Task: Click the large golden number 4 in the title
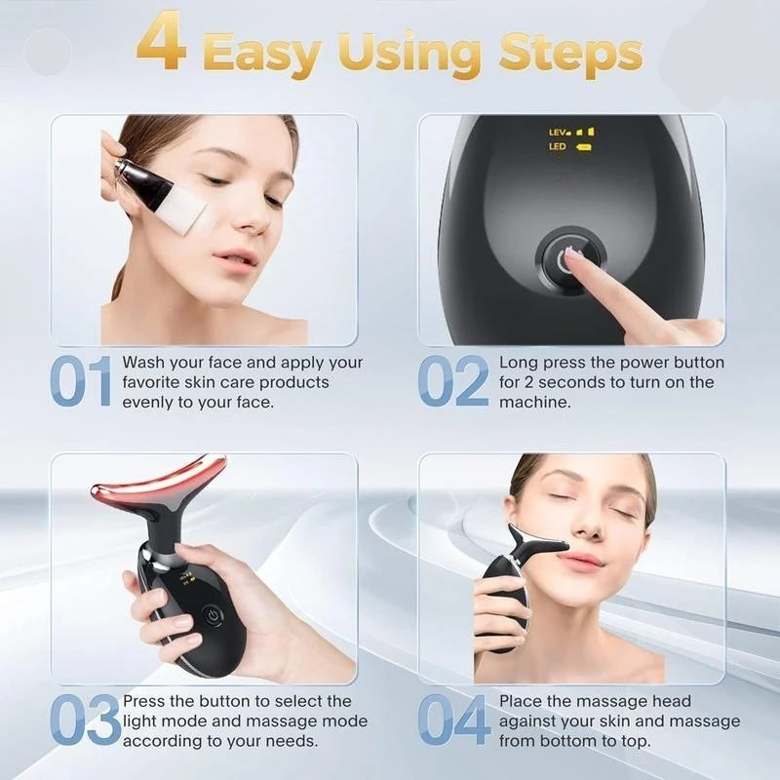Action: pyautogui.click(x=161, y=43)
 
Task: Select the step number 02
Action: pyautogui.click(x=452, y=381)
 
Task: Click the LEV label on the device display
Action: pyautogui.click(x=559, y=131)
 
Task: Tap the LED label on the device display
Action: pyautogui.click(x=558, y=147)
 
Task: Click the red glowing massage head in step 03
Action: pyautogui.click(x=159, y=485)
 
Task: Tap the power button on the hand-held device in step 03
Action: pyautogui.click(x=211, y=616)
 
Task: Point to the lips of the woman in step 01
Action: pyautogui.click(x=235, y=257)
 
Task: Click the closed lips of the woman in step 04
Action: pyautogui.click(x=581, y=561)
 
